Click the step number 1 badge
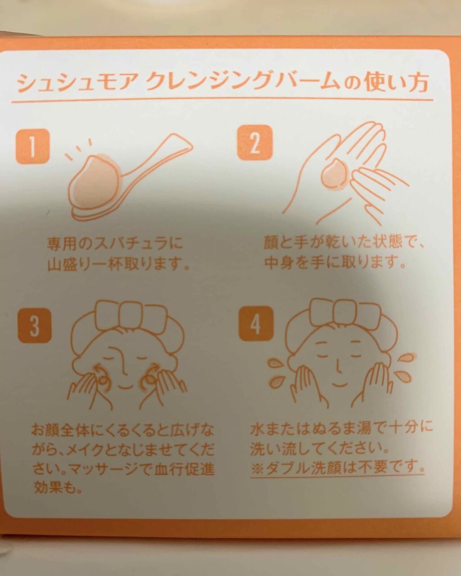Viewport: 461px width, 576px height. [33, 146]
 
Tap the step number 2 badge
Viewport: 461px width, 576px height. [255, 143]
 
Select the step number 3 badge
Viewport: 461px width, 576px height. [34, 326]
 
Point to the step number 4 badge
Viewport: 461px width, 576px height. [256, 324]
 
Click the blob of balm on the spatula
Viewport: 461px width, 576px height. [95, 180]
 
